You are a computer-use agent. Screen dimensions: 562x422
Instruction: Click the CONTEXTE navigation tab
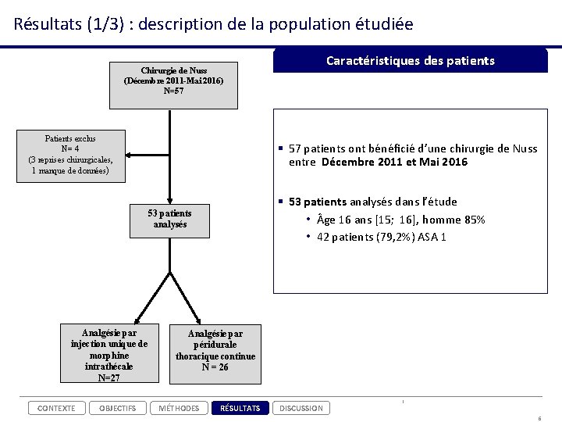click(x=57, y=408)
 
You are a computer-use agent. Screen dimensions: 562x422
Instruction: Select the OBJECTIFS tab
click(x=117, y=408)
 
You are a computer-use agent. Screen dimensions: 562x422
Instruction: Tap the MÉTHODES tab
click(x=178, y=408)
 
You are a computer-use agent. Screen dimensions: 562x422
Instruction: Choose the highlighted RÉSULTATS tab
click(x=240, y=408)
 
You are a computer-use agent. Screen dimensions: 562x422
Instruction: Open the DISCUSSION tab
click(x=301, y=408)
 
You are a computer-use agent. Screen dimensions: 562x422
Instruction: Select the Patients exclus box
click(x=69, y=154)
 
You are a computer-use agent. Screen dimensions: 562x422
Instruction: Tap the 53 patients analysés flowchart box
click(x=169, y=219)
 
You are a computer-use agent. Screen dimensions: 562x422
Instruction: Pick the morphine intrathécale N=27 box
click(x=109, y=355)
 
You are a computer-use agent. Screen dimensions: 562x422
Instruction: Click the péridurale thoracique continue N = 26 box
click(x=215, y=350)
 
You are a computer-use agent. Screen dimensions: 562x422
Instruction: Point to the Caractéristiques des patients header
click(x=410, y=61)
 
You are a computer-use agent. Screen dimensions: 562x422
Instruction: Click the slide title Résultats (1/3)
click(x=213, y=23)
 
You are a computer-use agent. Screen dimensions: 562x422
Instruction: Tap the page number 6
click(x=539, y=418)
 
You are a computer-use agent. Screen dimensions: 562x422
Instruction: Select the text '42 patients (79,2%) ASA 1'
click(x=382, y=237)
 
